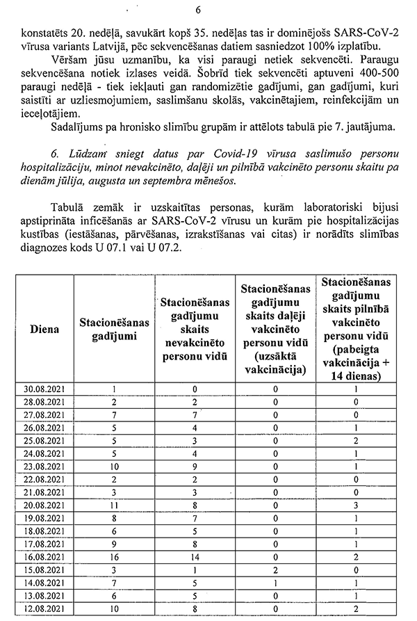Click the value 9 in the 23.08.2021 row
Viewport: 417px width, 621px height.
click(x=195, y=467)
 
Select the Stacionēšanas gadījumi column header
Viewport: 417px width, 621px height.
click(x=114, y=328)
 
